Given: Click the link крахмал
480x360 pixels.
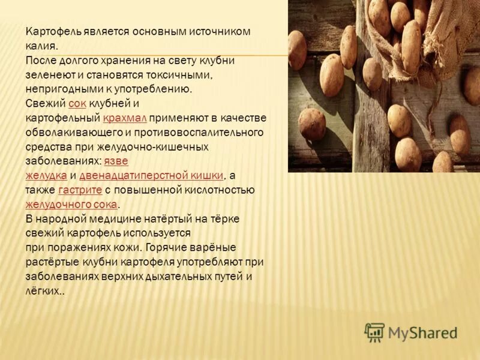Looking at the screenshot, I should [x=125, y=118].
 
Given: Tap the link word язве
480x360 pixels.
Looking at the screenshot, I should [x=116, y=161].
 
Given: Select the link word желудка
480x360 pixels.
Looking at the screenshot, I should [x=46, y=175].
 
